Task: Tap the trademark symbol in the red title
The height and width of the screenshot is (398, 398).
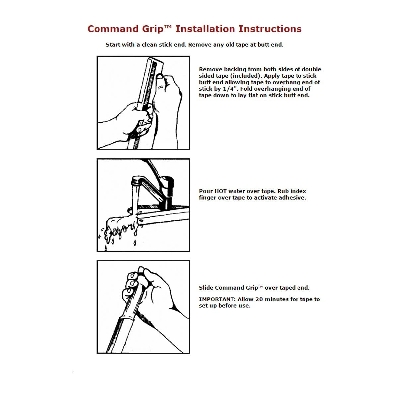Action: point(168,27)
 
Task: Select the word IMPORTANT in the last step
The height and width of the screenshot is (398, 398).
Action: point(217,299)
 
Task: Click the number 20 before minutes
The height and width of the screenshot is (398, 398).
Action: point(259,299)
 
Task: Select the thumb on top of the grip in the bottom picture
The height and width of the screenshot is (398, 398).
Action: point(141,271)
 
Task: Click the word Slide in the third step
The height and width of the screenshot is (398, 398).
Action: point(206,288)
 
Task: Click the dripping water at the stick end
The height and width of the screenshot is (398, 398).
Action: point(116,229)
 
